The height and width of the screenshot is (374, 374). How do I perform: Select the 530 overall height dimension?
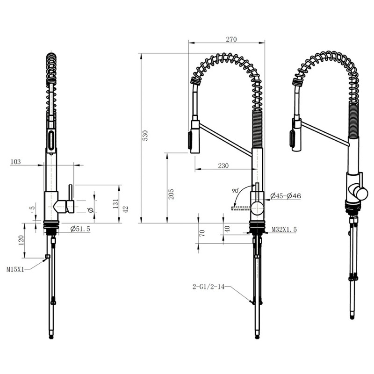tap(145, 136)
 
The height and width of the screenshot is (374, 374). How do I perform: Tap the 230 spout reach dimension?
tap(223, 165)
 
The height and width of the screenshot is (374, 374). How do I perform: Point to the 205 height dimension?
tap(171, 194)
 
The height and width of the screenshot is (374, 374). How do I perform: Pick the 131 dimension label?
tap(115, 204)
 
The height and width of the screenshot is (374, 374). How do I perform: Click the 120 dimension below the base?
tap(21, 241)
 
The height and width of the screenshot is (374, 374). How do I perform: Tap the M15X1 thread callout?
tap(15, 269)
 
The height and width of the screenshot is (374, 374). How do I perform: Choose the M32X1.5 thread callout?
tap(284, 229)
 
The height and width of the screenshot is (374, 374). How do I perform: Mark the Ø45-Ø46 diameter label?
tap(286, 196)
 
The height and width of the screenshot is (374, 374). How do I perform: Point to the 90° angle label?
tap(235, 191)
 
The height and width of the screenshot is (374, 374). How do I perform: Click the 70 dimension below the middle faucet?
tap(202, 233)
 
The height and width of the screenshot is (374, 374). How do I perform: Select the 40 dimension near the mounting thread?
tap(228, 229)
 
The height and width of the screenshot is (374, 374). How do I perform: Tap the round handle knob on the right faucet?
tap(360, 193)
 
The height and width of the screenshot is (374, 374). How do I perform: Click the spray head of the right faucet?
tap(295, 136)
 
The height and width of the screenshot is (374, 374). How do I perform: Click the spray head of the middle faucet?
tap(194, 137)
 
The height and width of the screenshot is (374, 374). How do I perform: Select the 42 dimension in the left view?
tap(125, 209)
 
